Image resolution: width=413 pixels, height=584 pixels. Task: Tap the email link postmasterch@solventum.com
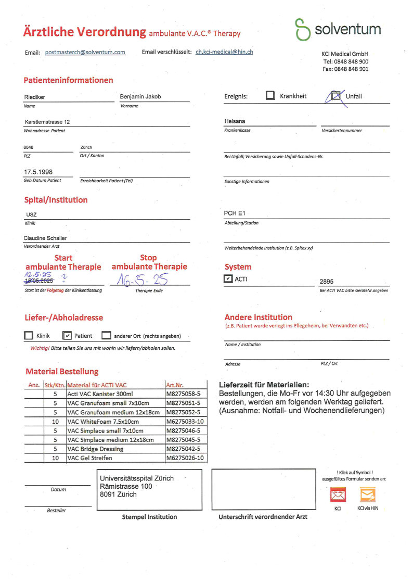pyautogui.click(x=85, y=53)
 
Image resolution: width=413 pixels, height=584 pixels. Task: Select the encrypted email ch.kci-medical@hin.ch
pyautogui.click(x=224, y=52)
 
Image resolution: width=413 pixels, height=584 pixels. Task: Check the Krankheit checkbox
pyautogui.click(x=270, y=96)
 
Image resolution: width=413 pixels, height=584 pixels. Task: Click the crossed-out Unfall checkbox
pyautogui.click(x=335, y=96)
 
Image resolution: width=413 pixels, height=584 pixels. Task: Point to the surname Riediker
pyautogui.click(x=35, y=97)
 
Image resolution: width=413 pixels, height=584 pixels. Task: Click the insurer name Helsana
pyautogui.click(x=235, y=121)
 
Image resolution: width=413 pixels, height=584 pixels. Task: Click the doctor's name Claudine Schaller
pyautogui.click(x=45, y=238)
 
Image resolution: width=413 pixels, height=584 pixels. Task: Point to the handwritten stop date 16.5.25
pyautogui.click(x=146, y=280)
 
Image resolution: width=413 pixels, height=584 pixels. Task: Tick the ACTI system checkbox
pyautogui.click(x=228, y=279)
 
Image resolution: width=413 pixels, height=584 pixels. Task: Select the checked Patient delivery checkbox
pyautogui.click(x=67, y=336)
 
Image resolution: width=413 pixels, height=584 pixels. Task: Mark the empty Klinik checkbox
pyautogui.click(x=29, y=336)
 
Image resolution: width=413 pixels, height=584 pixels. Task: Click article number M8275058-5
pyautogui.click(x=183, y=394)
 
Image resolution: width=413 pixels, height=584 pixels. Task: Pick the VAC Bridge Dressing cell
pyautogui.click(x=96, y=449)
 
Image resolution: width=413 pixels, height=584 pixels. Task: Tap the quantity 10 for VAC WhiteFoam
pyautogui.click(x=55, y=421)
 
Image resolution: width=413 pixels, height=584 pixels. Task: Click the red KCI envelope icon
pyautogui.click(x=338, y=494)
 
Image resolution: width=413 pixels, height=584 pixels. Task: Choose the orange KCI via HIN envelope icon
pyautogui.click(x=368, y=494)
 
